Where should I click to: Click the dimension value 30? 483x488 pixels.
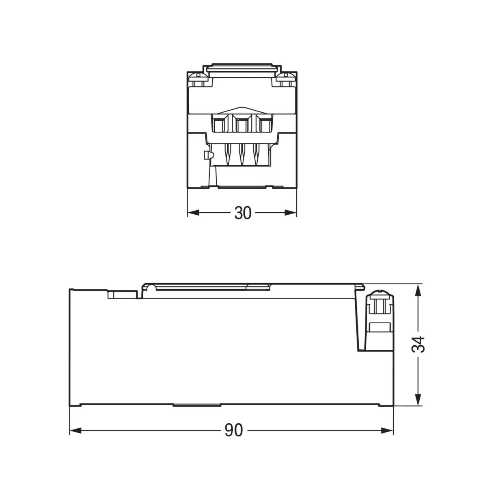click(243, 213)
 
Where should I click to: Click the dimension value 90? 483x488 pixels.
click(233, 430)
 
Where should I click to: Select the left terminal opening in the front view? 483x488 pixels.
click(220, 124)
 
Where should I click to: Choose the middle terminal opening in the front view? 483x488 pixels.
click(242, 124)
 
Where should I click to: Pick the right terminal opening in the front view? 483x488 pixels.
click(265, 124)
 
